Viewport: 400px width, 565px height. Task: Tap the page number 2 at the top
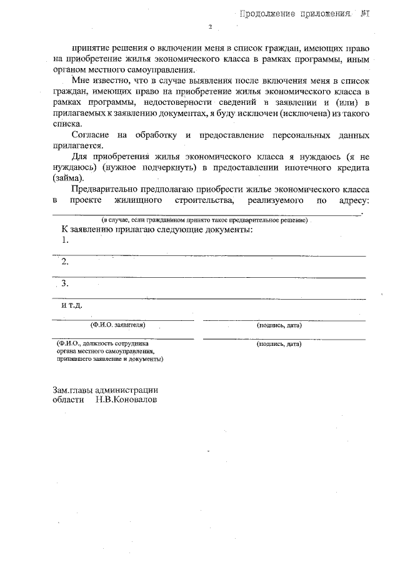click(211, 27)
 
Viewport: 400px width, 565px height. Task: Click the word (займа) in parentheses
click(67, 178)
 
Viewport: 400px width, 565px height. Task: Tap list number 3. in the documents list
click(64, 284)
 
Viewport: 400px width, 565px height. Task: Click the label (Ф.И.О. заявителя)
click(118, 325)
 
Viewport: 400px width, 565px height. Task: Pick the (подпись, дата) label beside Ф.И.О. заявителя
click(279, 325)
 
